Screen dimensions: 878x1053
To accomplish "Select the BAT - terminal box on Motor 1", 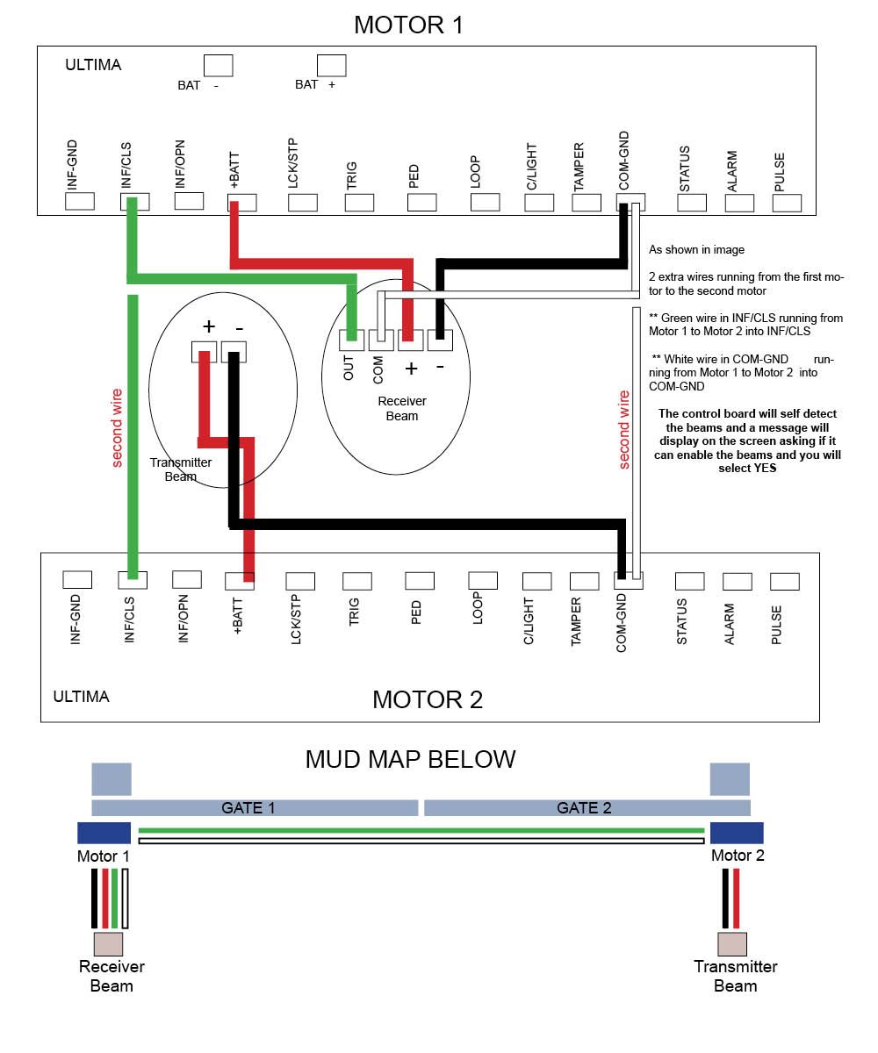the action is coord(218,66).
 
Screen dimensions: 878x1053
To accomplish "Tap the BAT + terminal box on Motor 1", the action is coord(331,66).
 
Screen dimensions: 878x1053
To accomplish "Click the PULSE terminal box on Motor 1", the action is coord(786,203).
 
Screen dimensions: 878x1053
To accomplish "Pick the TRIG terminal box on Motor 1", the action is coord(359,203).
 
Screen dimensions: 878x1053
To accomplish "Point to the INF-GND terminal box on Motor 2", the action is coord(77,579).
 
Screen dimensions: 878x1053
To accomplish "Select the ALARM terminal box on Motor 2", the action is coord(737,582).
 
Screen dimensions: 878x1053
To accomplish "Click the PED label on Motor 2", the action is coord(415,612).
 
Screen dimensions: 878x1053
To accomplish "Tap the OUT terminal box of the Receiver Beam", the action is coord(350,340).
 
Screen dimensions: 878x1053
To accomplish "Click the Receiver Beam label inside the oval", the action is coord(401,408).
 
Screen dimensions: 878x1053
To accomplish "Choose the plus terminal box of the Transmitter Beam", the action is coord(204,352).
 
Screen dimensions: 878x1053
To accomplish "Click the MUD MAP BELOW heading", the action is coord(410,759).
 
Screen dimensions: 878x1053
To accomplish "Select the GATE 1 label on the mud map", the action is coord(248,807).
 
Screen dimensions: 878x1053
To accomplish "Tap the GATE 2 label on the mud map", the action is coord(583,807).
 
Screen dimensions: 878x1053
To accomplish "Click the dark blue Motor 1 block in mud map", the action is coord(104,833).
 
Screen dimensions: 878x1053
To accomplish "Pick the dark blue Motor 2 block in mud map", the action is coord(737,833).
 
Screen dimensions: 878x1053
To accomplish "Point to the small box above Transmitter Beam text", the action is coord(731,944).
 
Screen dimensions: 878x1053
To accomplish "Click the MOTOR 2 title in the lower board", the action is coord(427,699).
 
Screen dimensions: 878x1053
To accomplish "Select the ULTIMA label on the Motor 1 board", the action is coord(93,65).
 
